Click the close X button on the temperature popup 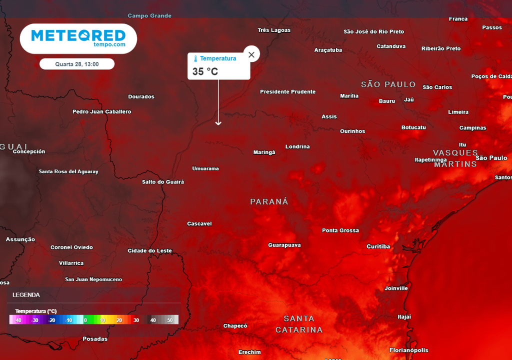[251, 54]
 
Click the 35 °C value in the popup [205, 71]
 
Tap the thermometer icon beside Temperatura [195, 59]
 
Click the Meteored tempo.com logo [78, 38]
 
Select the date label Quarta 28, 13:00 [77, 64]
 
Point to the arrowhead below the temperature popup [218, 122]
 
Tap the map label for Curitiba [378, 246]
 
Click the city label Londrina [297, 146]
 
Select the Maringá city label [264, 152]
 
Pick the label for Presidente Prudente [287, 92]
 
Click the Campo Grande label [149, 16]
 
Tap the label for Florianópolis [408, 350]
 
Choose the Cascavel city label [199, 223]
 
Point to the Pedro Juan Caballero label [102, 111]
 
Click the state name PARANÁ [269, 201]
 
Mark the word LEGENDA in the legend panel [26, 295]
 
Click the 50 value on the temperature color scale [170, 320]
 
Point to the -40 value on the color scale [17, 320]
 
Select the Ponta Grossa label [340, 230]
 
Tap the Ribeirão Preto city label [441, 48]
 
